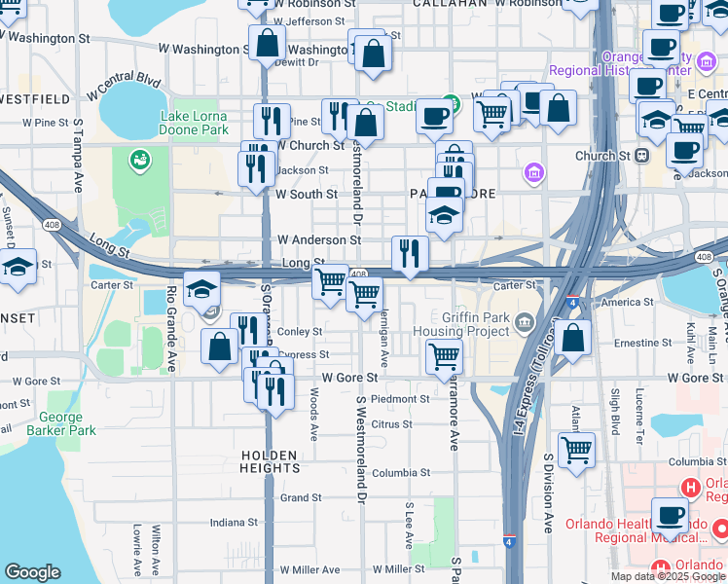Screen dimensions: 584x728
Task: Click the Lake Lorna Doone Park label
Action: (x=194, y=123)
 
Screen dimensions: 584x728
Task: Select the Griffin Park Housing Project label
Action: (x=461, y=323)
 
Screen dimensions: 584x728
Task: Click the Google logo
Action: (x=32, y=572)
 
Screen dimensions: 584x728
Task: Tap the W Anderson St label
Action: (x=318, y=239)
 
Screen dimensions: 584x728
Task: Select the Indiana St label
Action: (x=233, y=522)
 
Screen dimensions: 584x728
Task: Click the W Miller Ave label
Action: (x=309, y=569)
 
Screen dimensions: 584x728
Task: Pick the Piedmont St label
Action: (x=399, y=399)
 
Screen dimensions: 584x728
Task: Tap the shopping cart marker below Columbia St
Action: (x=576, y=451)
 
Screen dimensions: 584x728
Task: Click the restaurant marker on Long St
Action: (x=410, y=254)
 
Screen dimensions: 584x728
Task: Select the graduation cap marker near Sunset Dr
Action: (x=18, y=267)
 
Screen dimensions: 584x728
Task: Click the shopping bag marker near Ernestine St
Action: (x=574, y=339)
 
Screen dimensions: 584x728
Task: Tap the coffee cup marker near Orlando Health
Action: (x=669, y=515)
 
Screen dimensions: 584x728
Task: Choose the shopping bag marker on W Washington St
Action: (x=267, y=43)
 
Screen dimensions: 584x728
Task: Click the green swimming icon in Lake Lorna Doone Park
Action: (x=140, y=158)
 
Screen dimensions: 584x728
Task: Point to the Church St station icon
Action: (x=641, y=156)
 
